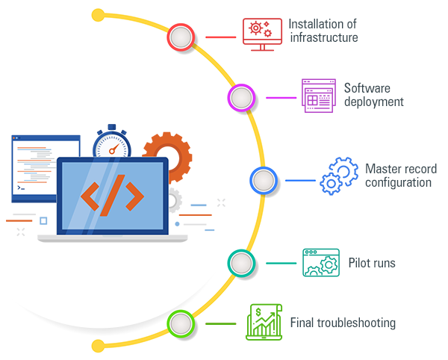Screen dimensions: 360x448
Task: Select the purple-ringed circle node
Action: point(240,98)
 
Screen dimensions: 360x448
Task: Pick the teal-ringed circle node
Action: point(240,263)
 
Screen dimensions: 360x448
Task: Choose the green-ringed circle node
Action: point(181,324)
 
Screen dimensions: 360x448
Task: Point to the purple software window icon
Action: point(318,96)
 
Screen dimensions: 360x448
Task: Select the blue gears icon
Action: point(339,177)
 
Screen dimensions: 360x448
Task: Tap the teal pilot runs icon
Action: point(321,262)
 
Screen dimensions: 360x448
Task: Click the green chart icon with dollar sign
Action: point(263,322)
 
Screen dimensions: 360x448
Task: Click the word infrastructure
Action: point(323,37)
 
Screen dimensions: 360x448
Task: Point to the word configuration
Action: point(398,182)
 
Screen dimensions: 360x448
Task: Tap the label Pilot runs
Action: point(372,263)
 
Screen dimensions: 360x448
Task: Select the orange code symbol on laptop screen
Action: point(113,195)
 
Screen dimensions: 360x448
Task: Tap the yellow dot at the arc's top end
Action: point(98,13)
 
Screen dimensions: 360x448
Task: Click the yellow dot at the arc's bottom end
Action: point(98,345)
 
